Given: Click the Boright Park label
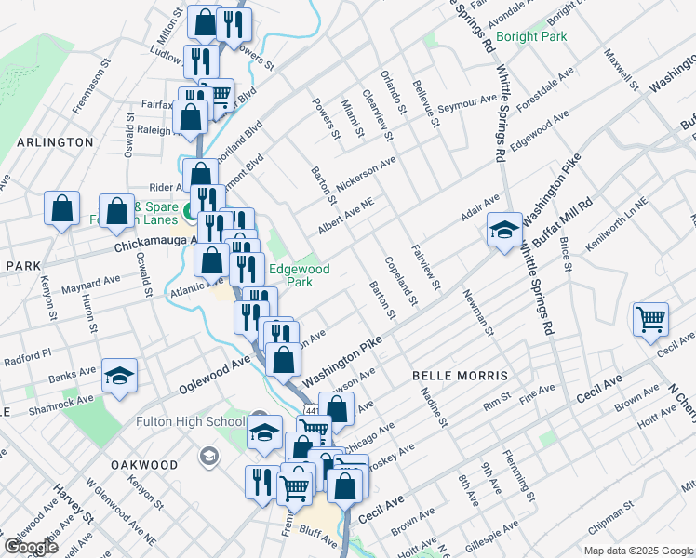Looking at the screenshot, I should click(531, 37).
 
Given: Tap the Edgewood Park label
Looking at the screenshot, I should click(299, 274).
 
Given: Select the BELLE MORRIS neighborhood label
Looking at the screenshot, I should click(461, 375).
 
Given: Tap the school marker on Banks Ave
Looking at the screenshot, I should click(119, 377).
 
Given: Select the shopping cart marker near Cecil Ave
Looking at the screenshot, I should click(650, 319).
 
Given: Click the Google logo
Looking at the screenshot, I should click(32, 547).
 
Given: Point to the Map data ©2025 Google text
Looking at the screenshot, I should click(638, 551).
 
